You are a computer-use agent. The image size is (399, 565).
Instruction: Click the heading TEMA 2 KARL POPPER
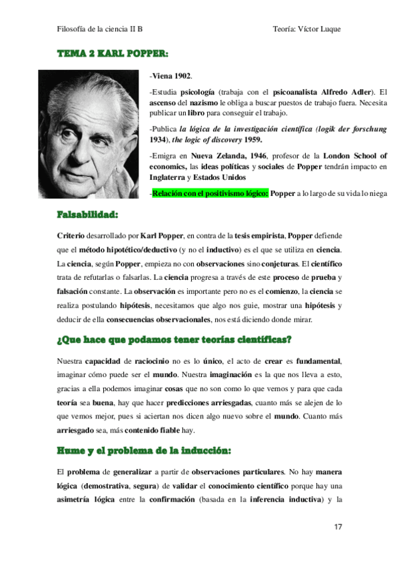(112, 53)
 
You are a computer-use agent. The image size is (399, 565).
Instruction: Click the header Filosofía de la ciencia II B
(100, 30)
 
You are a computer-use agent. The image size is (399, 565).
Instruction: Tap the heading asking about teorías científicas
(175, 339)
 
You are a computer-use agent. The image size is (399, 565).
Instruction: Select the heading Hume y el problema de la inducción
(144, 451)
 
